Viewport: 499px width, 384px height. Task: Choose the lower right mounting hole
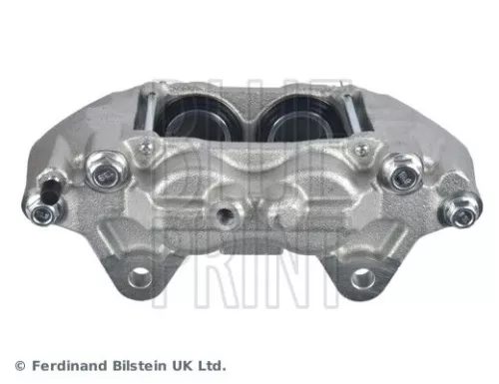pyautogui.click(x=362, y=278)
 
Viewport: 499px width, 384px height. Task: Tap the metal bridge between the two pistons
pyautogui.click(x=249, y=115)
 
